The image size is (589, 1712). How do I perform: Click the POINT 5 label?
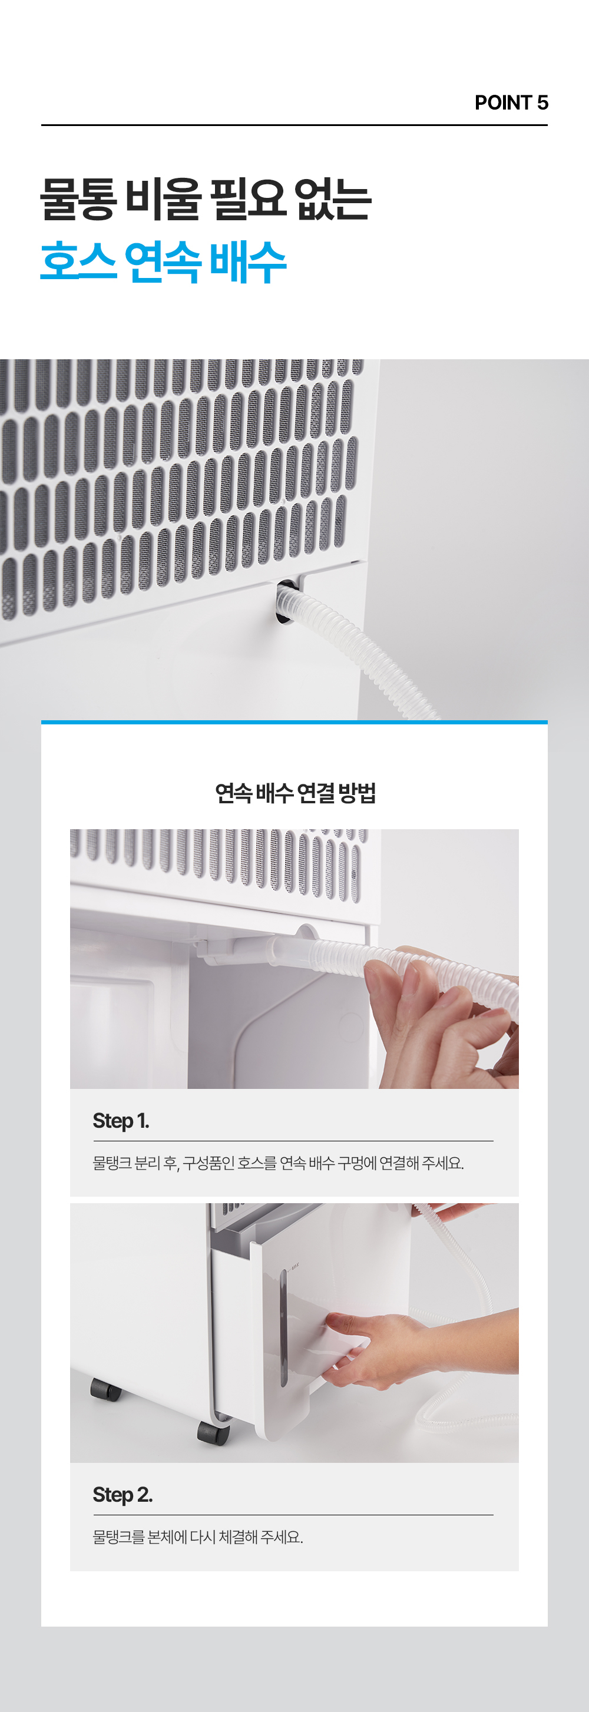point(511,102)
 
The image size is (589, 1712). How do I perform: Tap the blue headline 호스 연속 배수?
point(164,262)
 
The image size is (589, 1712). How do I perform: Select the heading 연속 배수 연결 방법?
point(295,792)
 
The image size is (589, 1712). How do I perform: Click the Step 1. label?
point(121,1121)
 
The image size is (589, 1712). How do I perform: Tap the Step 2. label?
point(123,1495)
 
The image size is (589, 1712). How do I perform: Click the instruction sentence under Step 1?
point(279,1163)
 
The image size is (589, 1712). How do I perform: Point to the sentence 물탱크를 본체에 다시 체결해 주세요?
point(198,1537)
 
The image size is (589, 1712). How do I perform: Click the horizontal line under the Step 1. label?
point(293,1140)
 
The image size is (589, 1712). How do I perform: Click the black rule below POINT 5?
point(294,125)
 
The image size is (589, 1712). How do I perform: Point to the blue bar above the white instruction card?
point(294,723)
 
